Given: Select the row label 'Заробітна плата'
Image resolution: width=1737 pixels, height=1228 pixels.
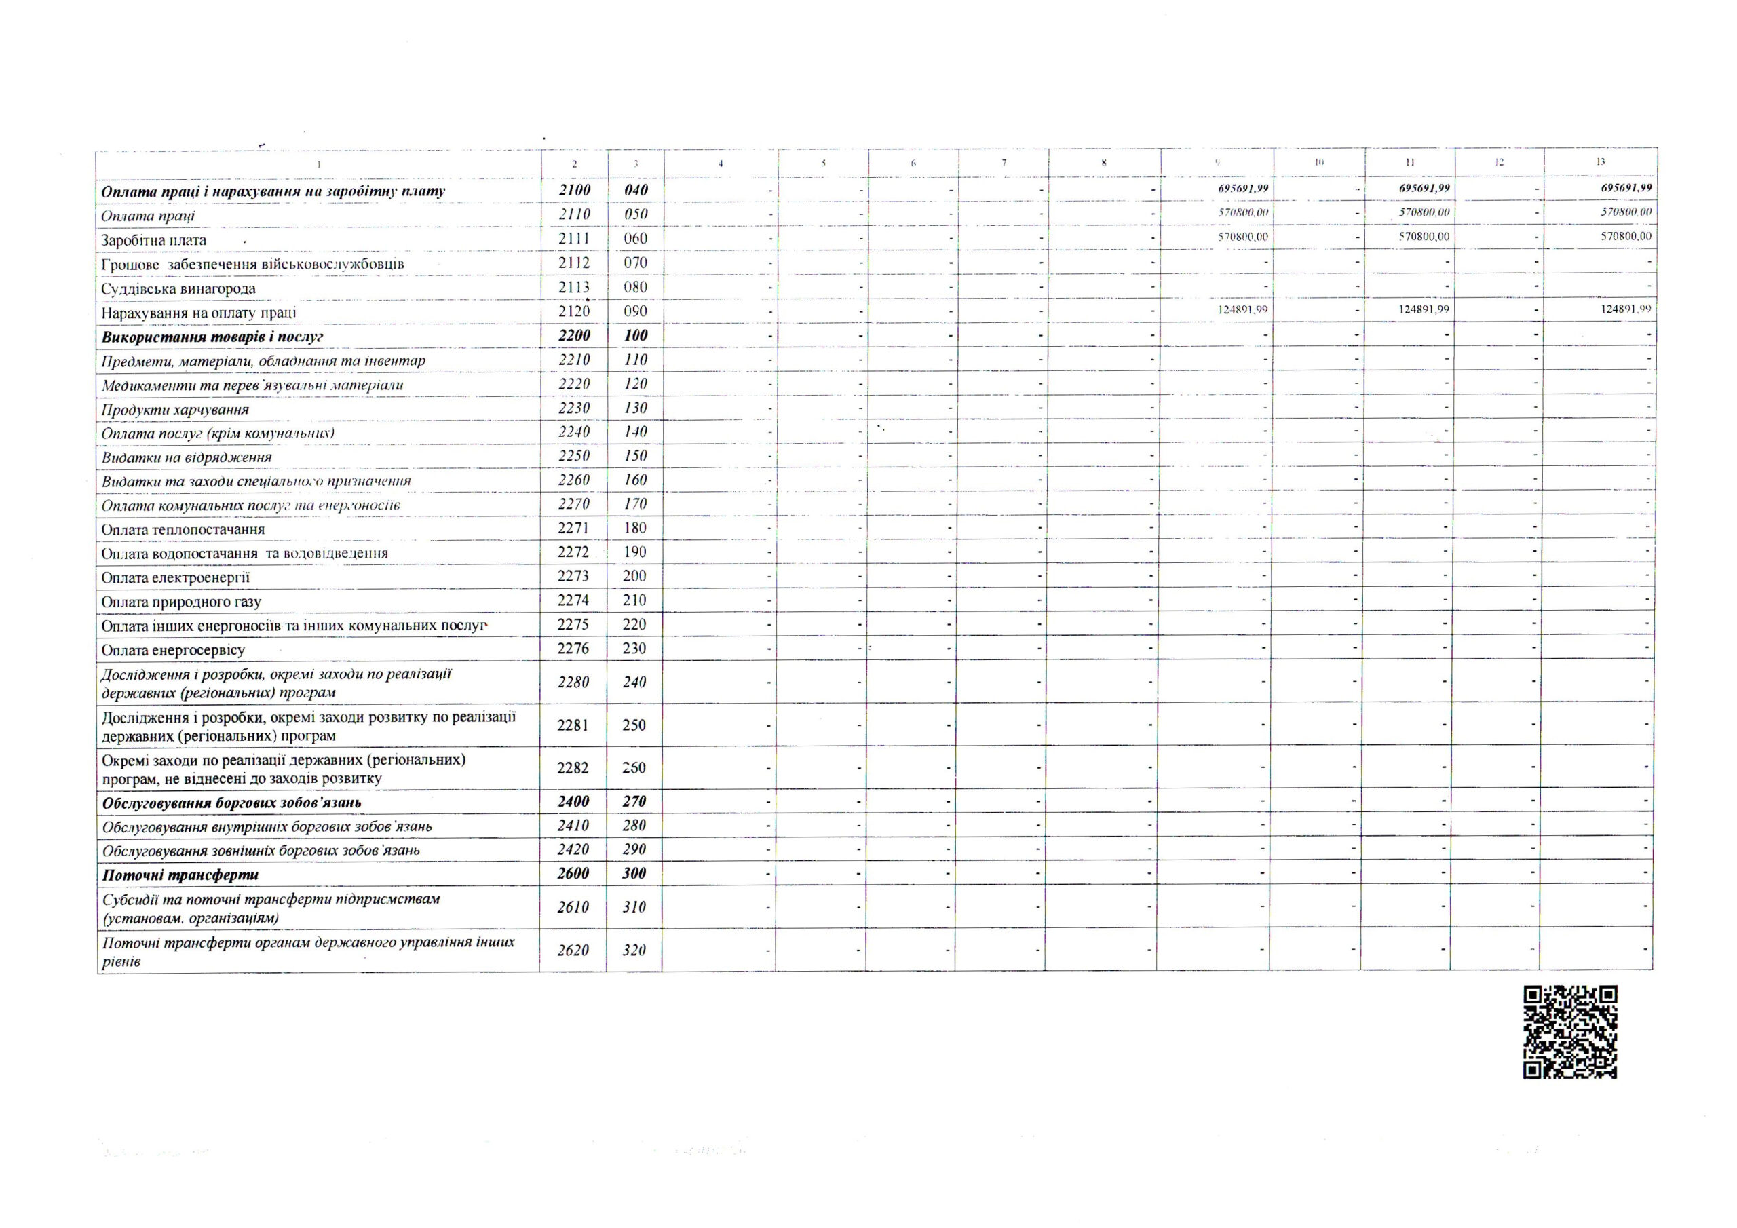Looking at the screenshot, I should pyautogui.click(x=153, y=241).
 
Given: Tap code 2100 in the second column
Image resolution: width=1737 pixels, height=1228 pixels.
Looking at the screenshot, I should pyautogui.click(x=574, y=190).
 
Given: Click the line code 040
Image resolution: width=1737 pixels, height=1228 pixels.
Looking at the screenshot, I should pyautogui.click(x=636, y=190).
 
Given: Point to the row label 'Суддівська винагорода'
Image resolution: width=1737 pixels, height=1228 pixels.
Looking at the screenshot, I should pyautogui.click(x=178, y=289).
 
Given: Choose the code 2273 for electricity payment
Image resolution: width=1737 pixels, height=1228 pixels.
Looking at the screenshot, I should pyautogui.click(x=573, y=577).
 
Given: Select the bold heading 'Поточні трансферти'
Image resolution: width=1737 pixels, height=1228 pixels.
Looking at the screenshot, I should pyautogui.click(x=180, y=875).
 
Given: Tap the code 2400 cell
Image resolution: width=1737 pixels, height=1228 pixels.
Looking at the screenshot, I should pyautogui.click(x=573, y=801).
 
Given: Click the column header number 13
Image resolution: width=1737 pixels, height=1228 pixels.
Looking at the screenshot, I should pyautogui.click(x=1600, y=162).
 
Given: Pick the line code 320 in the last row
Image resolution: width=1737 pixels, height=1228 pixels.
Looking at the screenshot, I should pyautogui.click(x=634, y=951).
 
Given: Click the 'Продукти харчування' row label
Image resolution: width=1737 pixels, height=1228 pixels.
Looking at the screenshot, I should pyautogui.click(x=176, y=410).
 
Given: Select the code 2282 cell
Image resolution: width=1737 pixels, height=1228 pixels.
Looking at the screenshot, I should pyautogui.click(x=573, y=768).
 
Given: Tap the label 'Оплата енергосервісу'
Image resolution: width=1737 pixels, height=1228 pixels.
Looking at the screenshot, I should pyautogui.click(x=173, y=650).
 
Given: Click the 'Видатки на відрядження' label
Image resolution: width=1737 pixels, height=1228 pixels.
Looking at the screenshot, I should pyautogui.click(x=187, y=458).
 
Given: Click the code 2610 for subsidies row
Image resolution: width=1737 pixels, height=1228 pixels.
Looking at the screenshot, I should pyautogui.click(x=573, y=907).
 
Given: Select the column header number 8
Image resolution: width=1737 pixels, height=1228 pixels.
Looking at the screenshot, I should pyautogui.click(x=1105, y=163).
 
